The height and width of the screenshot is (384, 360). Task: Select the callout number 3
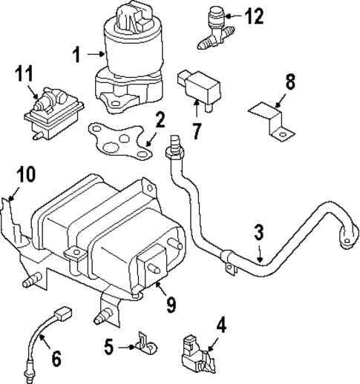click(x=258, y=233)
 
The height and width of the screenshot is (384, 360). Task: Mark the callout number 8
click(x=289, y=81)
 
